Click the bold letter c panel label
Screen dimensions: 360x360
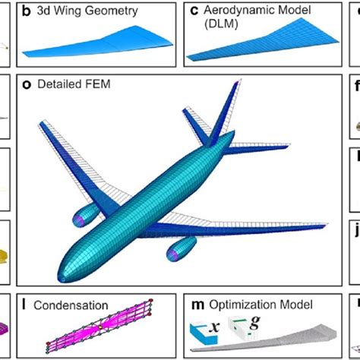(193, 12)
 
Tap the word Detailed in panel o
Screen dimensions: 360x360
(58, 85)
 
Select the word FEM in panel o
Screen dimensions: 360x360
(97, 85)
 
